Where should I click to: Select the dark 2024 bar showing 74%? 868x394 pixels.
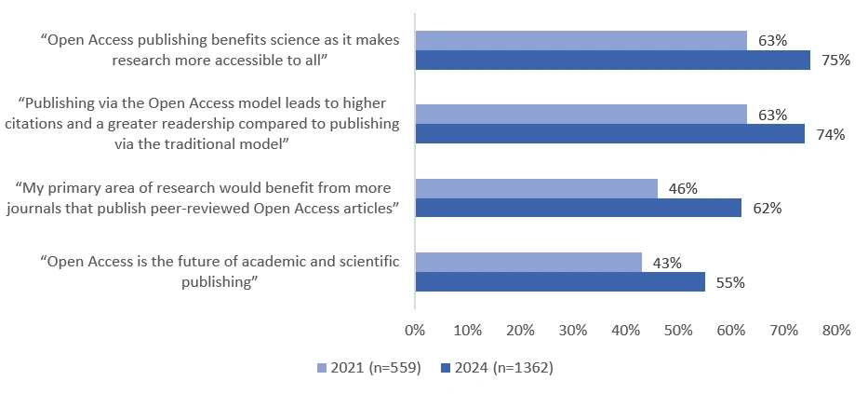point(609,134)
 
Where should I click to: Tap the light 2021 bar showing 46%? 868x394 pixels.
point(536,188)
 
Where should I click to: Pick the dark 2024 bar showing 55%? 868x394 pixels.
point(559,282)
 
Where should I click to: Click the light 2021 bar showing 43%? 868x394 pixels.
point(527,263)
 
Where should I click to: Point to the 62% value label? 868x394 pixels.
point(767,209)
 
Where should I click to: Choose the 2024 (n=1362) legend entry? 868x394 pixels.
point(498,368)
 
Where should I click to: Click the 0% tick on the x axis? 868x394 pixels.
point(415,330)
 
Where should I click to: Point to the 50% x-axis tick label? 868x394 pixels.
point(678,330)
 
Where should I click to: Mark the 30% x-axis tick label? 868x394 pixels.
point(573,330)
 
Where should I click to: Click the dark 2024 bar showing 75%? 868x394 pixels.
point(612,61)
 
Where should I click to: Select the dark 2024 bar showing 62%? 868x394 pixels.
point(578,208)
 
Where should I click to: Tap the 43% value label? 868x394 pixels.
point(667,263)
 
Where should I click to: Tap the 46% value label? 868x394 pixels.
point(683,188)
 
